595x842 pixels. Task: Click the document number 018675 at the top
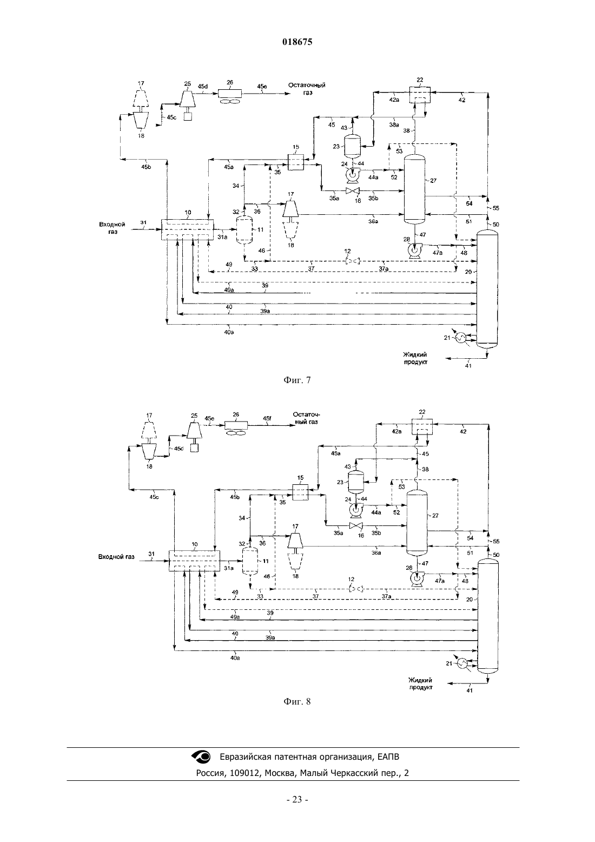(x=297, y=42)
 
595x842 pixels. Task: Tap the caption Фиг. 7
(x=297, y=380)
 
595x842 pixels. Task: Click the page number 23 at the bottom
(x=297, y=807)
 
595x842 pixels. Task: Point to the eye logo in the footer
(x=201, y=757)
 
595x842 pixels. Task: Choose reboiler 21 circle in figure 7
(x=461, y=338)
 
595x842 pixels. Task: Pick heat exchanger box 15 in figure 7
(x=296, y=162)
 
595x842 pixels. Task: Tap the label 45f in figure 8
(x=267, y=418)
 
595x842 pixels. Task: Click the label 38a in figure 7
(x=394, y=125)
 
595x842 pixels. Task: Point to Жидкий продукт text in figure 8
(x=421, y=684)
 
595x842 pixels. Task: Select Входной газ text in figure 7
(x=112, y=228)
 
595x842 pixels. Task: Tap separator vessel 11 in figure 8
(x=250, y=561)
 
